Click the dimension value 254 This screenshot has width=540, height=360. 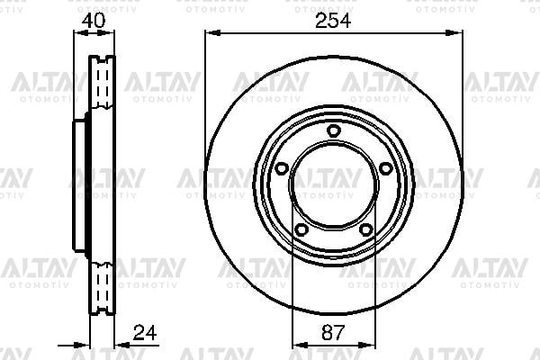(333, 21)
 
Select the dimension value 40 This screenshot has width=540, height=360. (94, 21)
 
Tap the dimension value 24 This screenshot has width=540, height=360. (145, 332)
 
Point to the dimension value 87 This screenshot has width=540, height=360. (333, 332)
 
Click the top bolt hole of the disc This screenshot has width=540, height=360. (333, 130)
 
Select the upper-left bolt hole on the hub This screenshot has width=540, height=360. (282, 168)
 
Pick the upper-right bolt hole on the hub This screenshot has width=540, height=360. (385, 168)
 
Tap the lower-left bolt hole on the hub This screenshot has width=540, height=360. (301, 229)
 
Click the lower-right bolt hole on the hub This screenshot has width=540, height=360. (365, 229)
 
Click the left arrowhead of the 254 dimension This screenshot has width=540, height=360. (212, 33)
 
